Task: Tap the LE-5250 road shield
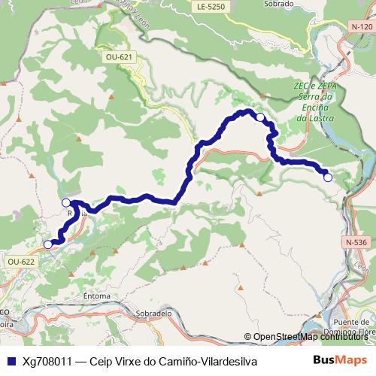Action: [x=210, y=7]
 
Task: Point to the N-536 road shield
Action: [x=357, y=242]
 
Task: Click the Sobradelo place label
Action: [x=155, y=311]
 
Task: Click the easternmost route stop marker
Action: [x=328, y=177]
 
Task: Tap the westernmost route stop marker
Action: [x=48, y=244]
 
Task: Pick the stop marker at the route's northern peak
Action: [x=260, y=117]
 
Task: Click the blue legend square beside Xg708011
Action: [x=10, y=361]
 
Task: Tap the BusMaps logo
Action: [x=340, y=360]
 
